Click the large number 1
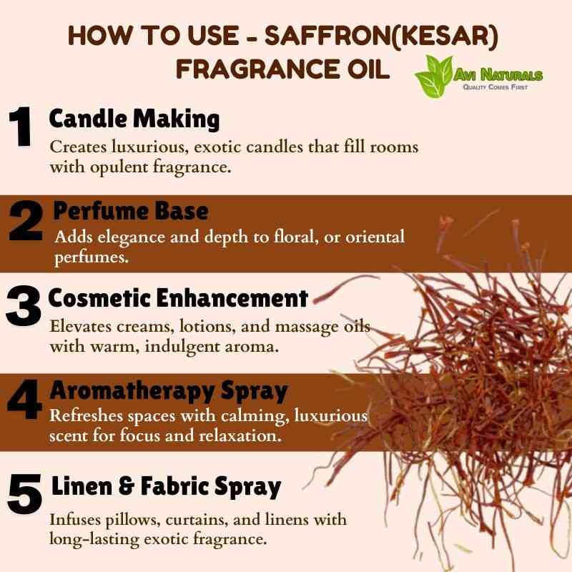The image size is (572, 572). tap(21, 127)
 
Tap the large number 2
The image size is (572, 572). tap(26, 221)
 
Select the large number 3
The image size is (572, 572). tap(24, 306)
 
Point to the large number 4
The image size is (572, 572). tap(24, 399)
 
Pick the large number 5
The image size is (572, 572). tap(24, 493)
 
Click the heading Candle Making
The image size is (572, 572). tap(134, 119)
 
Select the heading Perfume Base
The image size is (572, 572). tap(131, 211)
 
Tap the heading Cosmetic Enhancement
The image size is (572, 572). tap(178, 298)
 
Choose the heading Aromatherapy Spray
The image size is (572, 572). tap(169, 391)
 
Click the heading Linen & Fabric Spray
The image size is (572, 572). tap(167, 487)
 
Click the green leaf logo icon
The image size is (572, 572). tap(433, 77)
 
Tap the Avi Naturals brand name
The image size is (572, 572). tap(498, 75)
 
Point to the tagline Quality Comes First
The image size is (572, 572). tap(495, 87)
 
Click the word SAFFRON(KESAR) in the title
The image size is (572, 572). tap(381, 35)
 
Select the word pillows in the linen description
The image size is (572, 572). tap(133, 520)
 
